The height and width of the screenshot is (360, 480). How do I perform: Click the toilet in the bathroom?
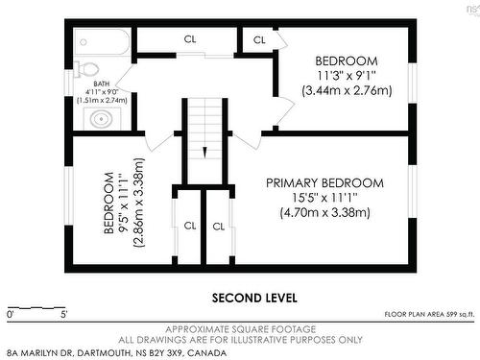coord(90,70)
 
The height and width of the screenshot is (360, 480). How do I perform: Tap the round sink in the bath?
coord(100,119)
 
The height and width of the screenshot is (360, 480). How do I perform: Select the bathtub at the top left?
coord(102,41)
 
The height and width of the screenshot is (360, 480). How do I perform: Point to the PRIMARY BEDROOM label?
coord(324,182)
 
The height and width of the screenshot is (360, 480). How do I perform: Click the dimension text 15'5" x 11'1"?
coord(324,198)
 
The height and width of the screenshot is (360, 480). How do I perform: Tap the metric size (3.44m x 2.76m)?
coord(347,91)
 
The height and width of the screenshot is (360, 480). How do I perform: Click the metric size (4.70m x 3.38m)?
coord(324,213)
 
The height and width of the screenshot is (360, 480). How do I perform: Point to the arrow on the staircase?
coord(204,150)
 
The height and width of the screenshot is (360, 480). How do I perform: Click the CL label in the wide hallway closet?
coord(191,40)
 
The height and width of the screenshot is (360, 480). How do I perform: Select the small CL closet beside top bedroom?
coord(259,40)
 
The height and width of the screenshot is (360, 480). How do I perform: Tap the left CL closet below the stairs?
coord(189,227)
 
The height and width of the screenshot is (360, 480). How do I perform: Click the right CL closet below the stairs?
coord(219,227)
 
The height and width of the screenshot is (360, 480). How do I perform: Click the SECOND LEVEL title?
coord(253,297)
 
